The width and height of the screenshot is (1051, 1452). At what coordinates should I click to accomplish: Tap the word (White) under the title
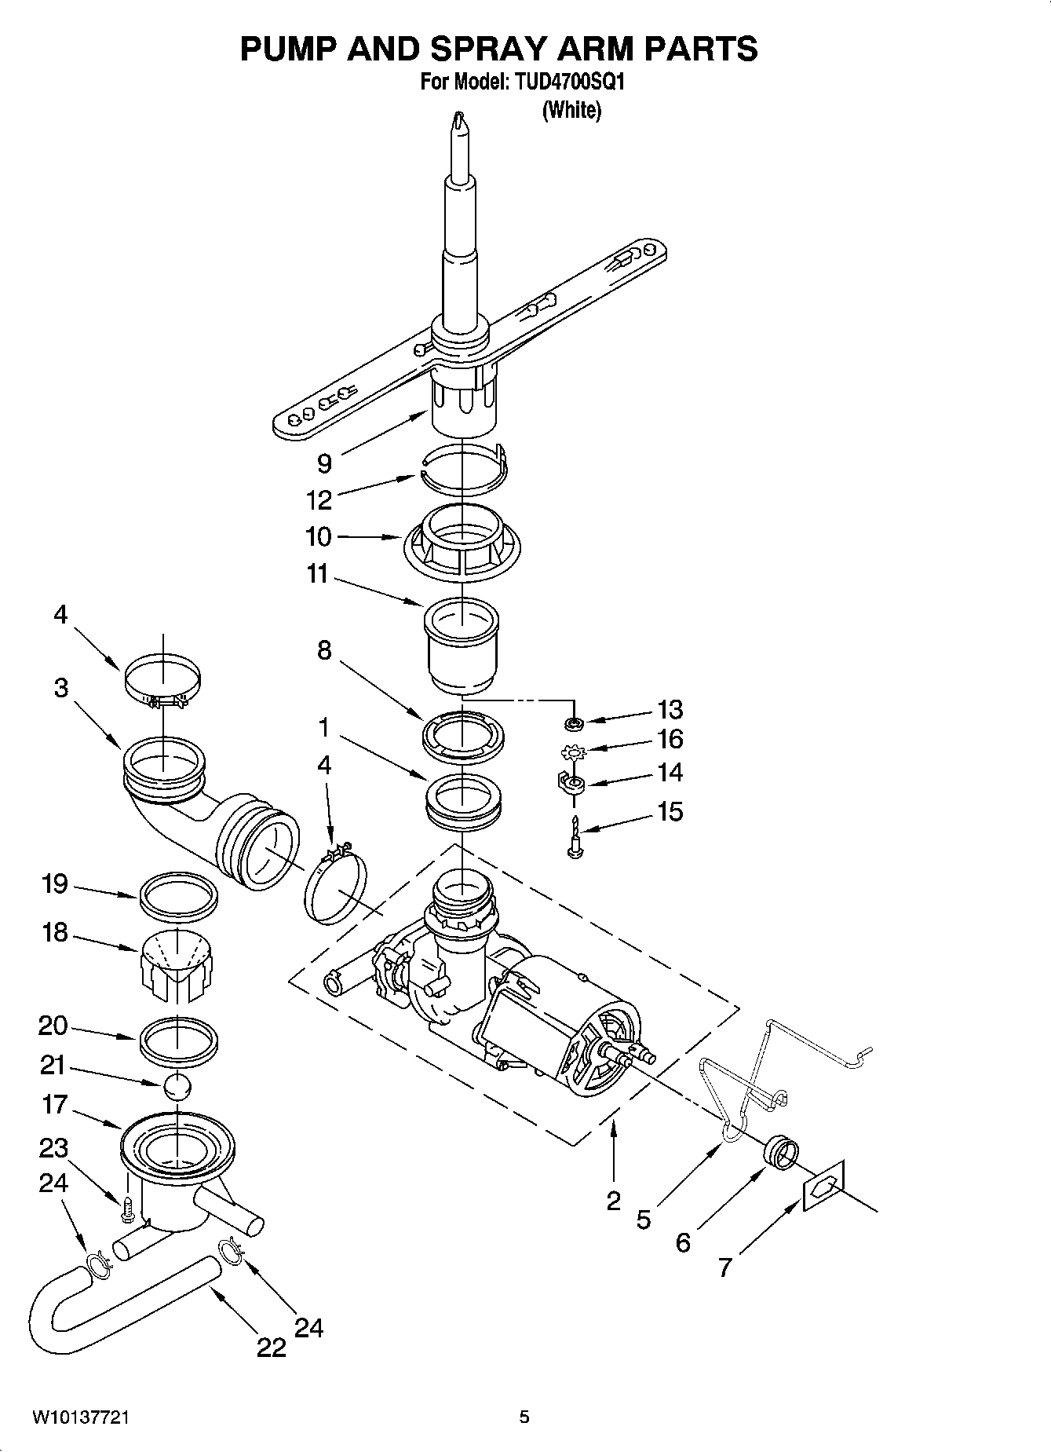(571, 111)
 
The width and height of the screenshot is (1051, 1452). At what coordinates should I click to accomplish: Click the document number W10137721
(81, 1417)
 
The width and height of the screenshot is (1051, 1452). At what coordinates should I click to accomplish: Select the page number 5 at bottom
(524, 1417)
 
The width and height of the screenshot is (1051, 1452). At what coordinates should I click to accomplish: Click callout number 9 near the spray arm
(324, 463)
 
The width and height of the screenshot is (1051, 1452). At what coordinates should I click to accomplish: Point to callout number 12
(319, 499)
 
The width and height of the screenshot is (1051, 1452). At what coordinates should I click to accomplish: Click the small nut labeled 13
(574, 721)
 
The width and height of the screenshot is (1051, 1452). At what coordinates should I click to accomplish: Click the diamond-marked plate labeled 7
(823, 1185)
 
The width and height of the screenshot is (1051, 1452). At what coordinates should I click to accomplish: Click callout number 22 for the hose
(272, 1348)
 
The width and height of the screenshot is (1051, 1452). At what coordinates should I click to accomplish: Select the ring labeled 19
(178, 894)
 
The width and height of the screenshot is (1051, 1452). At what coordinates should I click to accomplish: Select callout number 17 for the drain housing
(55, 1105)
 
